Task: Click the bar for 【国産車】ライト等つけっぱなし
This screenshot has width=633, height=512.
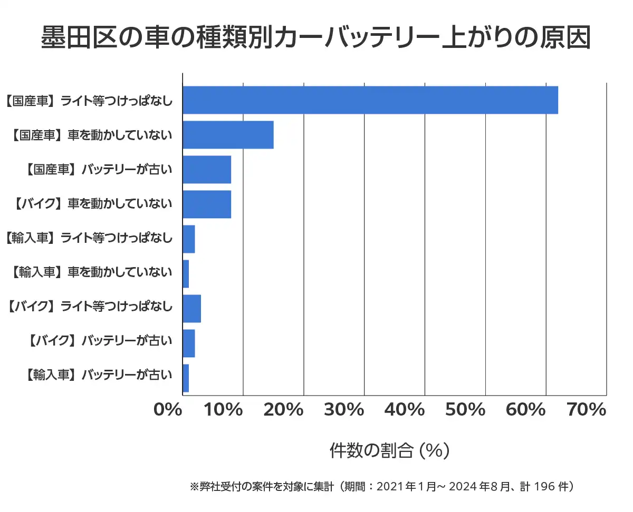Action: click(370, 100)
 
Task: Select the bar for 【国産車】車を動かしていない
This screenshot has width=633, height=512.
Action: click(228, 135)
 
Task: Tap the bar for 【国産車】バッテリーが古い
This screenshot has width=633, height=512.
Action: click(207, 170)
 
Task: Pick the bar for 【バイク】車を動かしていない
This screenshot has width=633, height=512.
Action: click(207, 204)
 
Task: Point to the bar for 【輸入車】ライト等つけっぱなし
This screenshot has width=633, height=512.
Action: click(189, 239)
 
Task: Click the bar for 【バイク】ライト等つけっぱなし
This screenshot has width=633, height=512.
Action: click(191, 309)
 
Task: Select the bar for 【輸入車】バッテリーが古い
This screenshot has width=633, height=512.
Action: click(186, 378)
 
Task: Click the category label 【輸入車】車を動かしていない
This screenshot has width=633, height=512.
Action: click(91, 272)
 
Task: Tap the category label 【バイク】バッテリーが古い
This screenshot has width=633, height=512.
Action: click(99, 342)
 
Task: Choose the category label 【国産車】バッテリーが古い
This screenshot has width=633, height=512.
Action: click(99, 170)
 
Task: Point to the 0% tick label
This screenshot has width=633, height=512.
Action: click(168, 410)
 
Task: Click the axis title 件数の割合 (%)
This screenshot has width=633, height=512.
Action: click(389, 450)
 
